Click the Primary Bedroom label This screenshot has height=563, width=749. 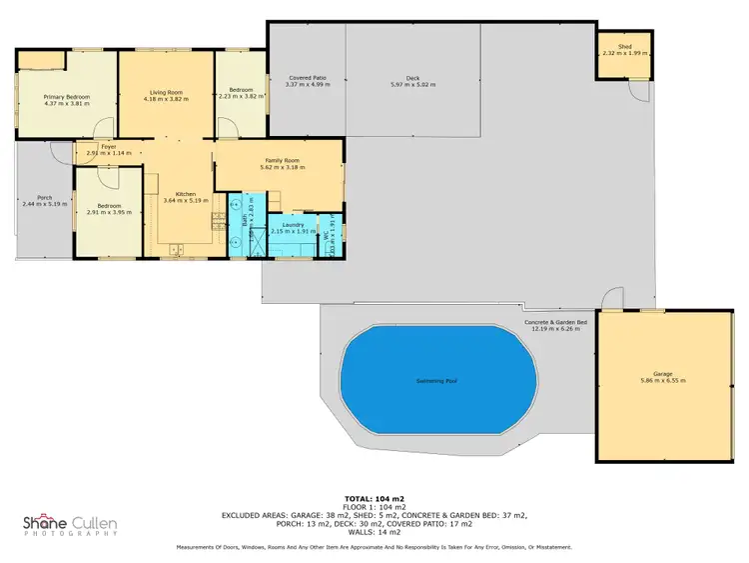[x=66, y=96]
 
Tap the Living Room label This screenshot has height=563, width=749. [x=165, y=92]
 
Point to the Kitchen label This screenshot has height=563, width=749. [x=185, y=194]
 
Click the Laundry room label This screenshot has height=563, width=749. [x=293, y=225]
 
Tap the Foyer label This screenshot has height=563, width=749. [x=109, y=147]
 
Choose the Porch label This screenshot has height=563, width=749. [x=44, y=197]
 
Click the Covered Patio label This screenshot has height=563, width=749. [x=308, y=77]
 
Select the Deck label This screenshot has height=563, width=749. [x=411, y=77]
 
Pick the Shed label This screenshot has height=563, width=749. [x=624, y=46]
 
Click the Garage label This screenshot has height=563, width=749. [x=662, y=373]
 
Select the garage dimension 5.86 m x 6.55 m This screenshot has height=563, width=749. [x=662, y=381]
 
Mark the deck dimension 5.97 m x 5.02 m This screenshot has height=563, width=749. [x=411, y=85]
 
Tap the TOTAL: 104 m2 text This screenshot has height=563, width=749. [x=374, y=497]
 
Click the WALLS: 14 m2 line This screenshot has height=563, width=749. [x=374, y=531]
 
